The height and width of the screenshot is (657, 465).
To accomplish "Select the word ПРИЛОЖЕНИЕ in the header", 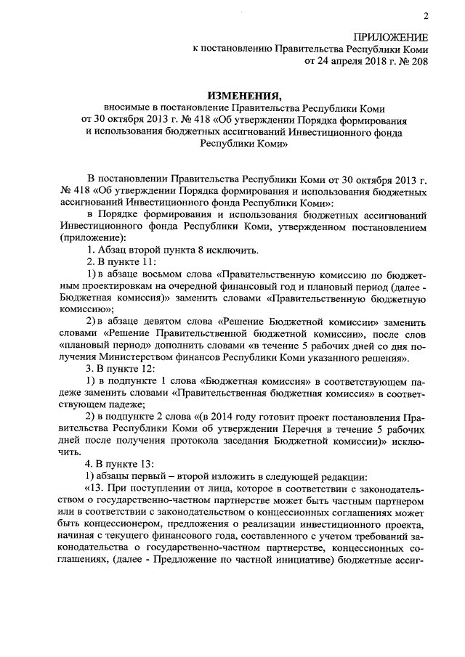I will coord(391,36).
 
